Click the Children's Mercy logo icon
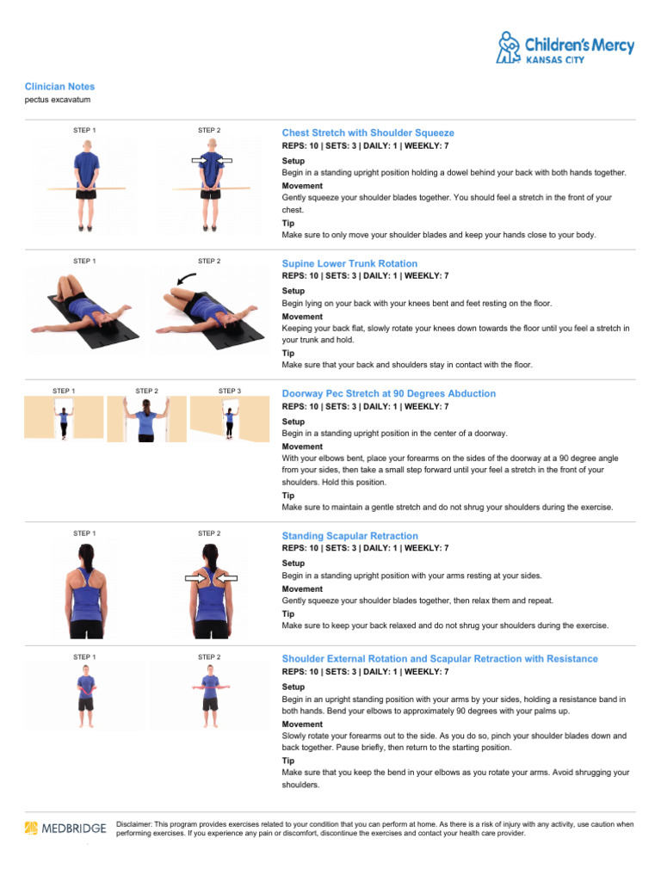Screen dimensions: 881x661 (x=509, y=46)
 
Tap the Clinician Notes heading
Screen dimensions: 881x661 (x=59, y=87)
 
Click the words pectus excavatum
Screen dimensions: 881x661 (x=58, y=100)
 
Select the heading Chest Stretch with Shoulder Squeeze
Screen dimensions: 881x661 (x=368, y=133)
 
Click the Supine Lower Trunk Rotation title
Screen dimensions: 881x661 (x=349, y=264)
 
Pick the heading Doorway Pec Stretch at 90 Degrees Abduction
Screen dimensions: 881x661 (x=389, y=394)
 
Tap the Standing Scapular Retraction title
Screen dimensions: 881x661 (x=349, y=536)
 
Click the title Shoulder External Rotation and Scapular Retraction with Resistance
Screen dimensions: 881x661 (x=440, y=659)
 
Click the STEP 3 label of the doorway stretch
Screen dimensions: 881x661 (x=230, y=391)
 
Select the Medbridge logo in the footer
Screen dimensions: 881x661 (x=65, y=829)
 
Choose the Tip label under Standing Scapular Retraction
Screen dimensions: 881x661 (x=287, y=614)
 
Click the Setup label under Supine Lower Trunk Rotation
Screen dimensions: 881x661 (x=293, y=291)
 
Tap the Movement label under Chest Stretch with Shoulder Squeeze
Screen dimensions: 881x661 (x=302, y=186)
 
